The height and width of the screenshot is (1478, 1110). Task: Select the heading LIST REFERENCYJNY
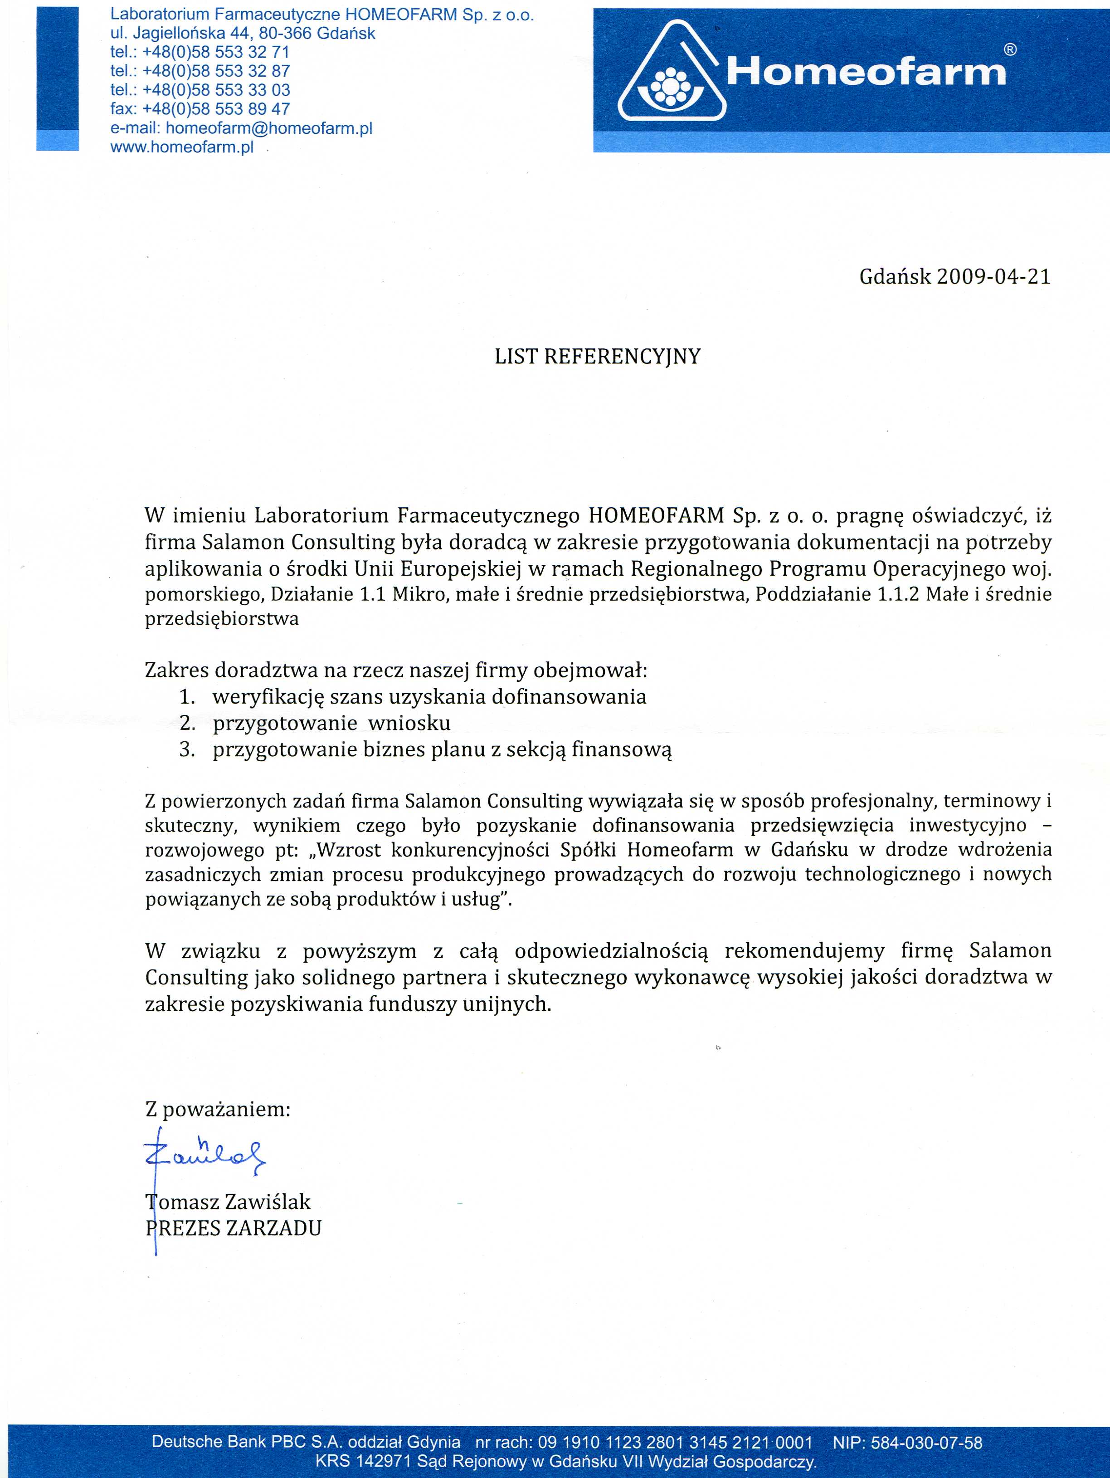597,357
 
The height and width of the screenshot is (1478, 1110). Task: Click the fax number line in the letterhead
200,109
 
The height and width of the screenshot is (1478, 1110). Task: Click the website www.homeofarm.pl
182,148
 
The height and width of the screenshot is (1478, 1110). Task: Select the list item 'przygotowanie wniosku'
331,723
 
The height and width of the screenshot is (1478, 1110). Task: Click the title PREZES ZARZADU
234,1228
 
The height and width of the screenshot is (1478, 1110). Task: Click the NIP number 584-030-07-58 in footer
932,1443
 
